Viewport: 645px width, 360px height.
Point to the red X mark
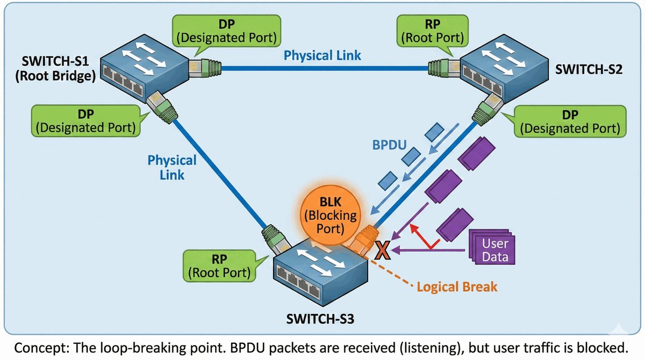tap(382, 250)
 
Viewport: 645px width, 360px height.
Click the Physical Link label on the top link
tap(322, 55)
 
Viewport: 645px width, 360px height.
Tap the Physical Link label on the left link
tap(172, 167)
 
